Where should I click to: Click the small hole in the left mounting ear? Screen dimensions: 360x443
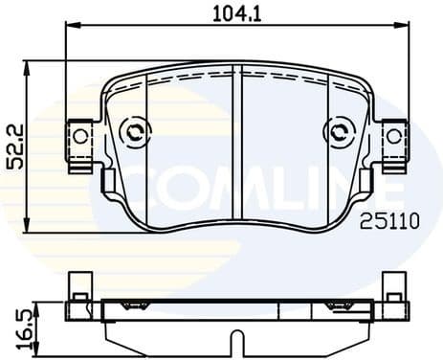pos(79,135)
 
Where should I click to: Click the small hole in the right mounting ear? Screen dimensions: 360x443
pos(393,135)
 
